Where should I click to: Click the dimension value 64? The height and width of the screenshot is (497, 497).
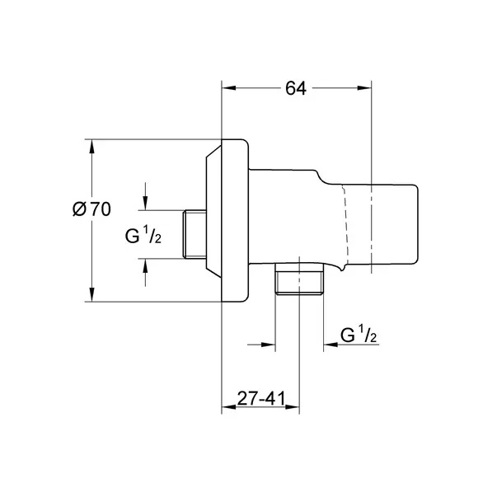(296, 88)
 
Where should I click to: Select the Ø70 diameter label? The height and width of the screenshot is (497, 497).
(92, 209)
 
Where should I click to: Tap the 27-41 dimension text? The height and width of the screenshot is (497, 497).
(261, 398)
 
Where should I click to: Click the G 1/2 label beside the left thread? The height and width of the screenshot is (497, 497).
(143, 236)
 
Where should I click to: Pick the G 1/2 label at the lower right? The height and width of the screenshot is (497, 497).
(359, 335)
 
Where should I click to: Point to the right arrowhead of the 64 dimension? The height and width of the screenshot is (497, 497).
(364, 88)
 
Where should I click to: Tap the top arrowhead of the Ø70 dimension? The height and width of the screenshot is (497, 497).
(92, 147)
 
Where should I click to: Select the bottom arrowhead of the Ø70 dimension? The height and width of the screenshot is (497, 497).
(92, 294)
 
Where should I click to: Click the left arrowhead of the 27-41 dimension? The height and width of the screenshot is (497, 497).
(229, 407)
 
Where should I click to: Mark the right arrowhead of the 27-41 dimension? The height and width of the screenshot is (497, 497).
(293, 407)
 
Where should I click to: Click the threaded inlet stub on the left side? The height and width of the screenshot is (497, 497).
(195, 234)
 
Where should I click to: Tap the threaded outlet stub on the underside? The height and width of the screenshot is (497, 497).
(299, 279)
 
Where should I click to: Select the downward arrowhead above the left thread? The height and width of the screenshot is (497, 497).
(145, 203)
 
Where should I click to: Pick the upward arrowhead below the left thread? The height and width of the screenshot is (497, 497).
(145, 266)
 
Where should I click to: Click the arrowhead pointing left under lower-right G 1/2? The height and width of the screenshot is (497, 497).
(331, 345)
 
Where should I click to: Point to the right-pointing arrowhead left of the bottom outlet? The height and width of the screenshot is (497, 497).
(268, 345)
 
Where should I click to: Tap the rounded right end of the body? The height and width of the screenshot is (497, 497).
(415, 224)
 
